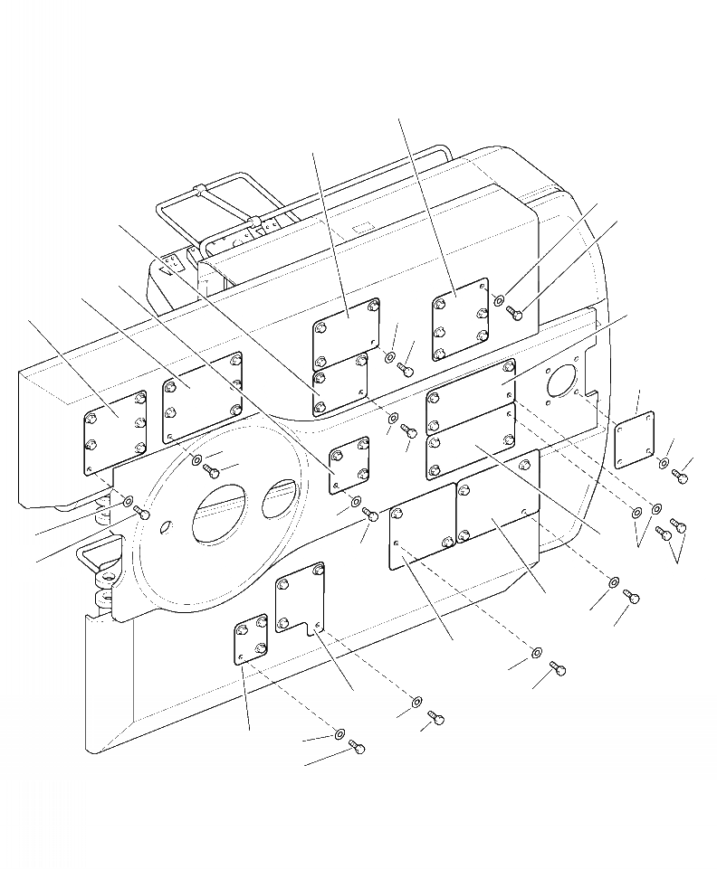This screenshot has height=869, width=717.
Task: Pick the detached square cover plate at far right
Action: pos(634,440)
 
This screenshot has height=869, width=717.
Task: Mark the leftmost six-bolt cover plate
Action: pos(115,432)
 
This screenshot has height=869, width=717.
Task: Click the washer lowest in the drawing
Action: pos(339,733)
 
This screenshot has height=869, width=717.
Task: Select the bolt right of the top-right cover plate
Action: pos(515,313)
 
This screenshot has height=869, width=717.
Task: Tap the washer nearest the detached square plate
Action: pos(664,463)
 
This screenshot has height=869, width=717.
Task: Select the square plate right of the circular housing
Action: pos(349,465)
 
